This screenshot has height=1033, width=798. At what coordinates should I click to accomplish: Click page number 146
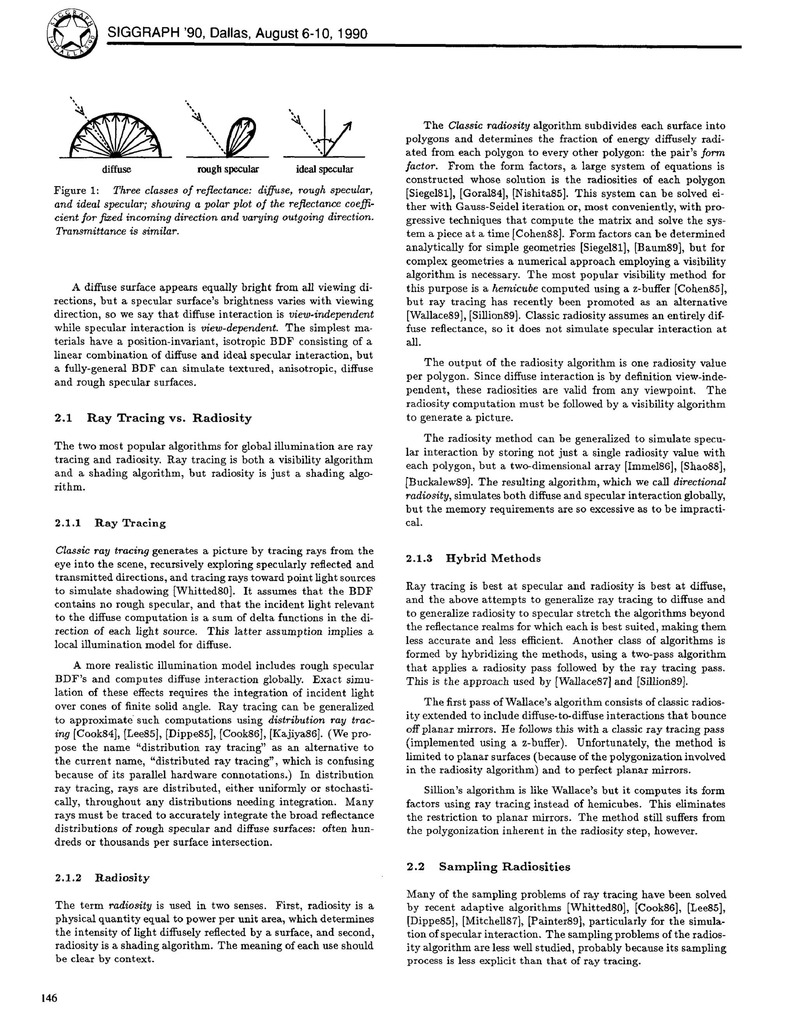pos(49,998)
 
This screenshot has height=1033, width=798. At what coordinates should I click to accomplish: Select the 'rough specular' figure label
pos(228,169)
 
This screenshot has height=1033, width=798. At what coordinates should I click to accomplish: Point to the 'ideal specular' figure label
pos(324,169)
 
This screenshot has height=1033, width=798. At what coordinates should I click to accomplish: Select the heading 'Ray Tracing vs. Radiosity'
pos(169,418)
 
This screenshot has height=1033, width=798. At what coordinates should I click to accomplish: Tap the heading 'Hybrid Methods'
pos(493,559)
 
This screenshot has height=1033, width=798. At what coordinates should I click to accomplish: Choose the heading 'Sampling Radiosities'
pos(505,867)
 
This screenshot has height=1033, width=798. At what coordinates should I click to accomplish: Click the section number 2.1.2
pos(69,878)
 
